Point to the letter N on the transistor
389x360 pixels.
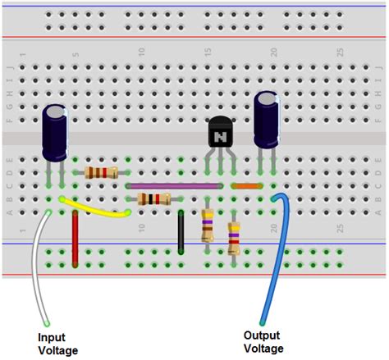click(x=220, y=138)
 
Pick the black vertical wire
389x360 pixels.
click(x=181, y=231)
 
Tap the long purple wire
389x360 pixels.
click(x=174, y=186)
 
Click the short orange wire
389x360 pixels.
click(x=246, y=186)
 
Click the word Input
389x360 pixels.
click(x=53, y=337)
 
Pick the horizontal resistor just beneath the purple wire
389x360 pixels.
click(x=154, y=199)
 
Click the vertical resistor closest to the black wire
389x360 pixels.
click(x=208, y=225)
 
